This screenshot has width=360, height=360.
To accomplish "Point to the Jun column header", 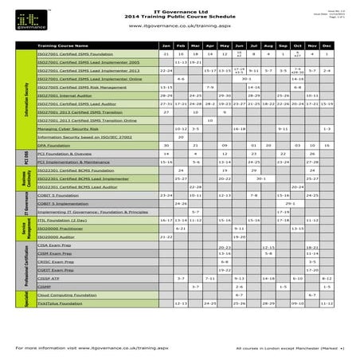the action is (x=239, y=46).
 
